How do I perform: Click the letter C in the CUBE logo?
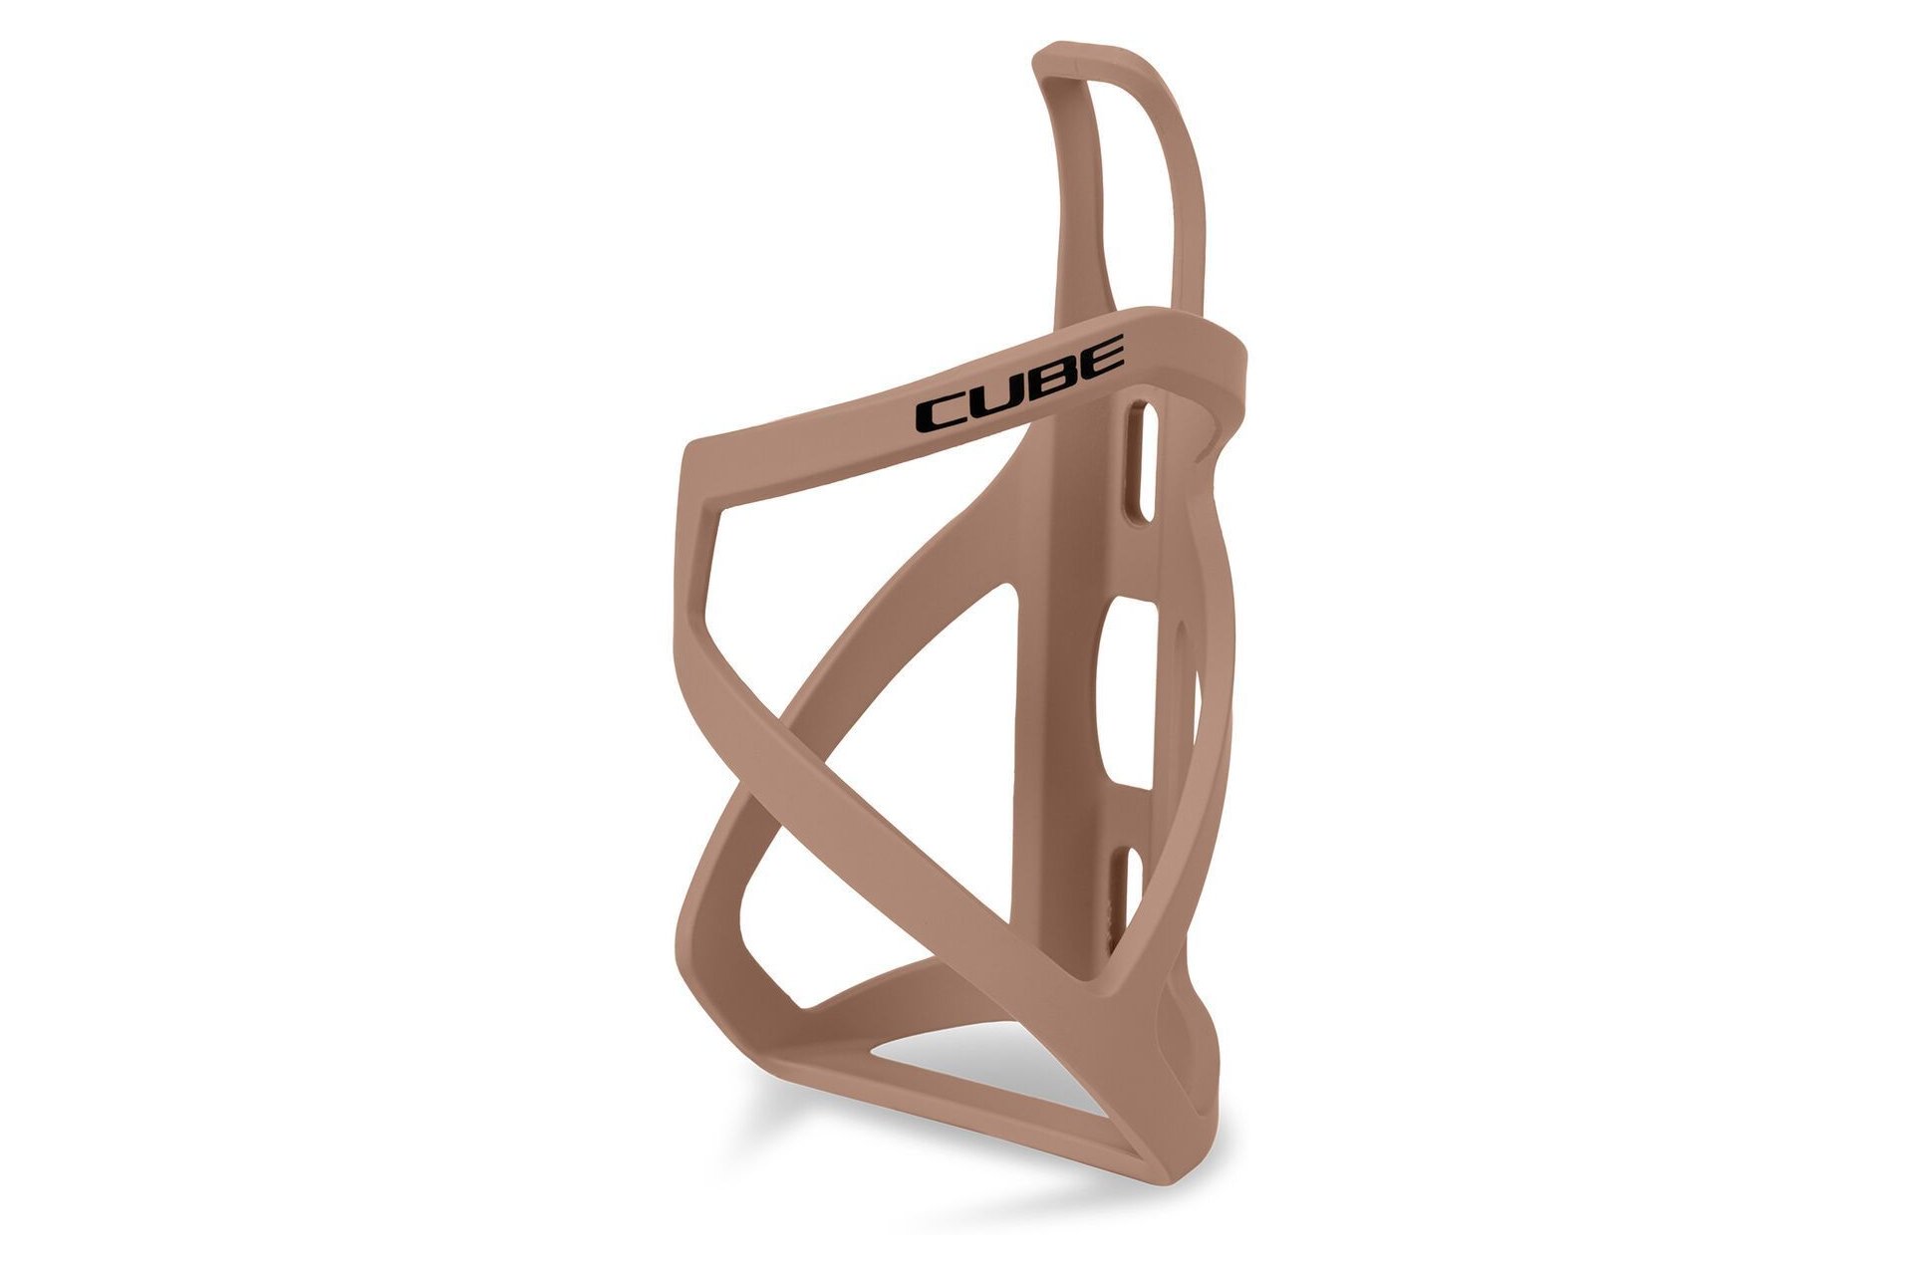(x=941, y=412)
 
